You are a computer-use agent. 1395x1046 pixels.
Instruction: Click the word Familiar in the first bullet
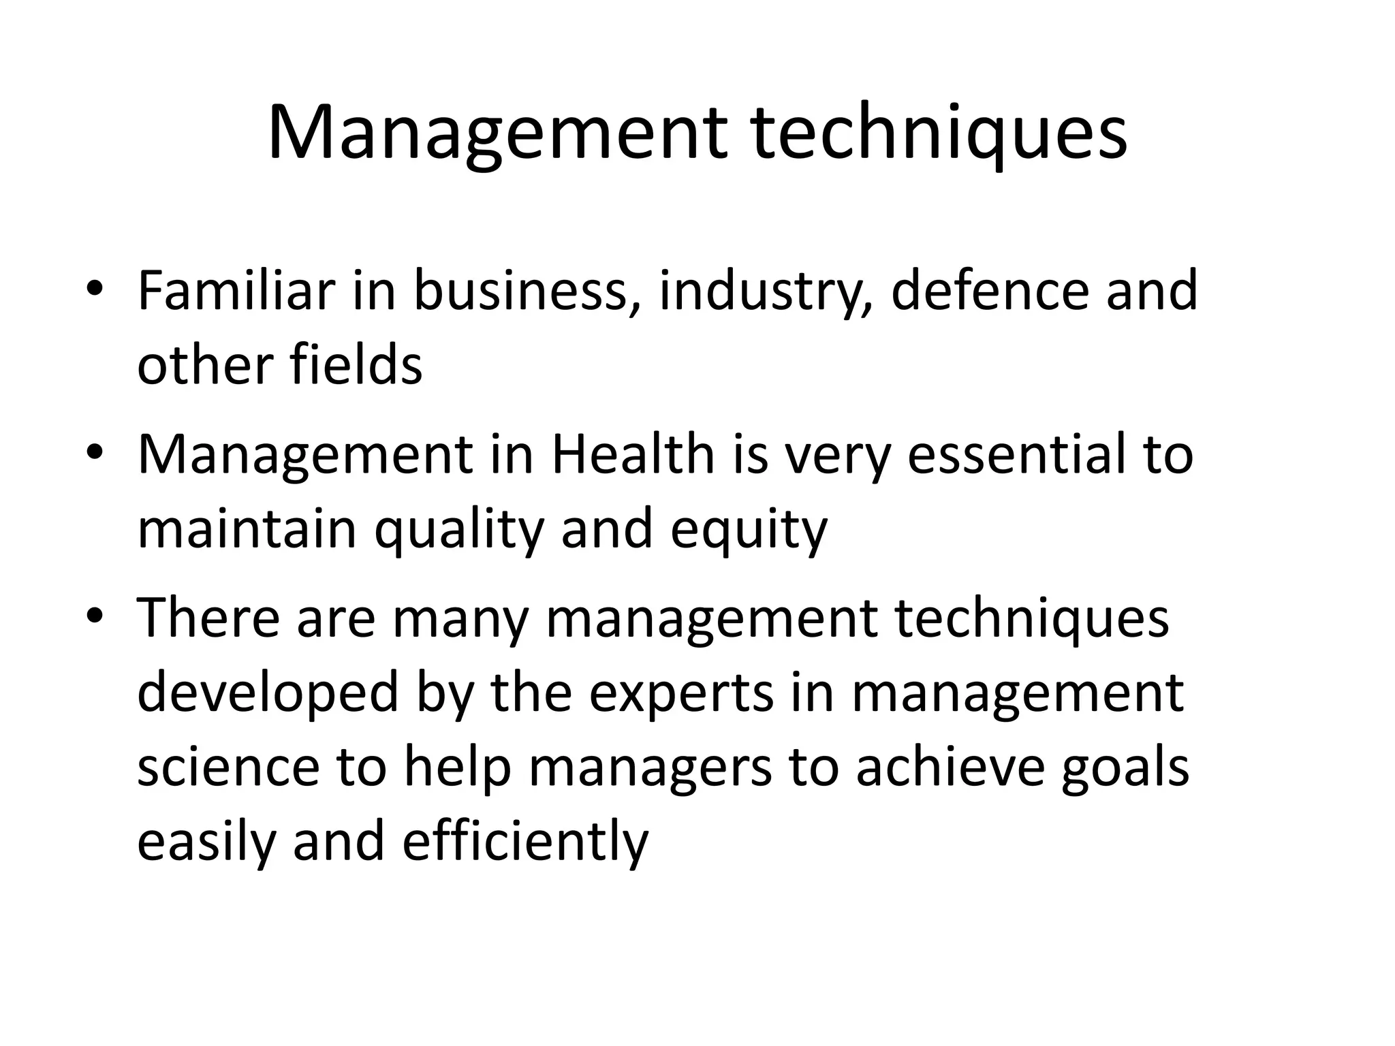click(236, 291)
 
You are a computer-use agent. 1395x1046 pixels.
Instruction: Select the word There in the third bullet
click(208, 618)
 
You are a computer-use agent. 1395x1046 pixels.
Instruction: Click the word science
click(228, 767)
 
